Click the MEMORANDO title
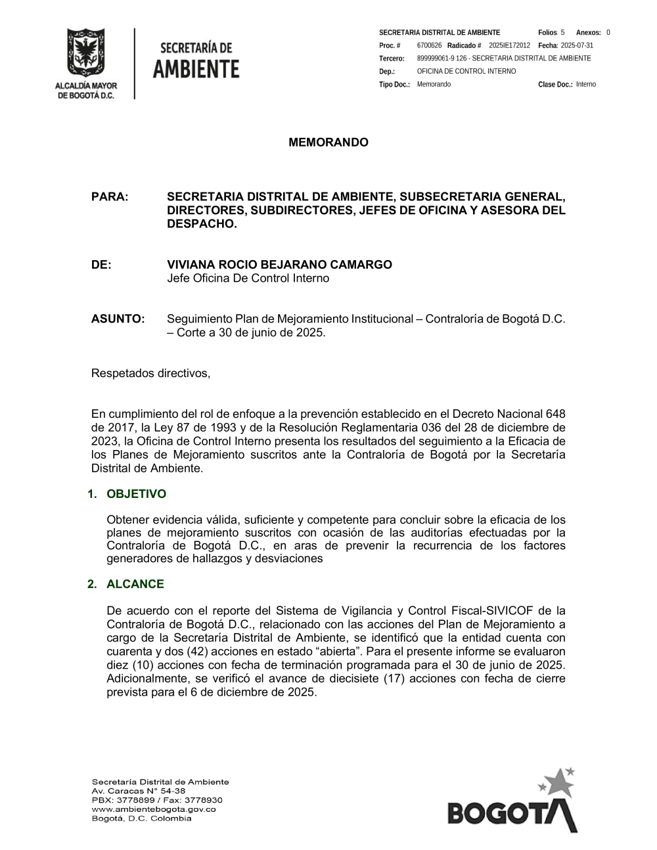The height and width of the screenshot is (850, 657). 328,143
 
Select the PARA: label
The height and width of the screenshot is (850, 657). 109,196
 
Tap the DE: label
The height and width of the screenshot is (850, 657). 101,265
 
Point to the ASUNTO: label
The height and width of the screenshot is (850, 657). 118,319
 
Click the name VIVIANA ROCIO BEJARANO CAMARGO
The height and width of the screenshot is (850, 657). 279,265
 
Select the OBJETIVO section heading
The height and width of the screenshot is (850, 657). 136,494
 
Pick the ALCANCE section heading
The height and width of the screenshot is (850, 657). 135,584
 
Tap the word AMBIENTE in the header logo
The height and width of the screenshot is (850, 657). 196,68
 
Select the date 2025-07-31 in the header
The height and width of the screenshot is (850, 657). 577,45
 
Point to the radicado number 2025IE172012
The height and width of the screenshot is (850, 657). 509,45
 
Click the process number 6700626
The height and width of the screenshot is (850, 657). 429,45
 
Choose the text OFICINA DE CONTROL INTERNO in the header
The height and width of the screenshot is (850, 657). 466,71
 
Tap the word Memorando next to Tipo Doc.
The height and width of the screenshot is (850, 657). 434,84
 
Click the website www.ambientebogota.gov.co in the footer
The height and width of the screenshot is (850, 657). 154,809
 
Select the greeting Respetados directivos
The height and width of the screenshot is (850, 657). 150,373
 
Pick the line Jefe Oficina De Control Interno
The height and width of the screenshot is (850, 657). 248,278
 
